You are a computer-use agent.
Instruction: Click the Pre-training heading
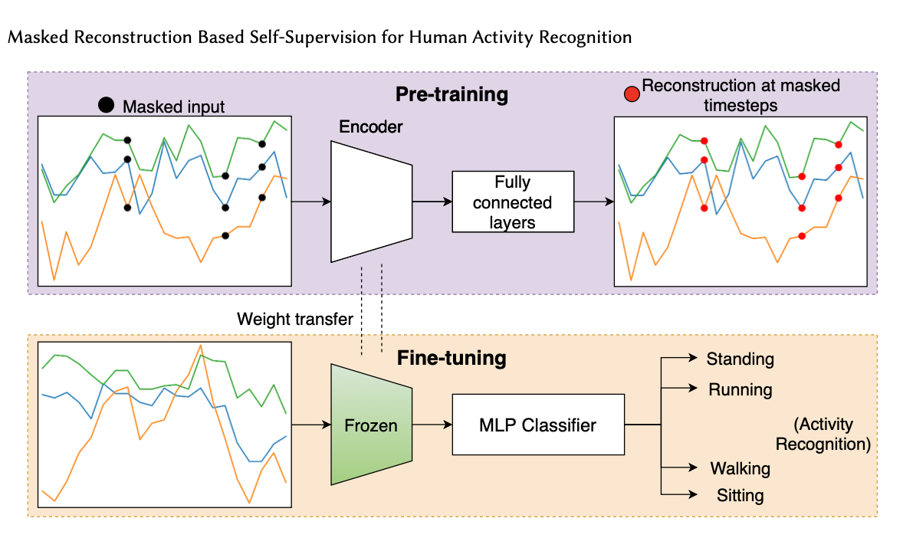pyautogui.click(x=451, y=94)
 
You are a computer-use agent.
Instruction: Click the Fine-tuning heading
pyautogui.click(x=451, y=358)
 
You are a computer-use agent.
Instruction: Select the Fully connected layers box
pyautogui.click(x=512, y=202)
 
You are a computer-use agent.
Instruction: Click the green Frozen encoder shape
pyautogui.click(x=371, y=425)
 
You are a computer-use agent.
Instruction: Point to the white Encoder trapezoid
pyautogui.click(x=371, y=202)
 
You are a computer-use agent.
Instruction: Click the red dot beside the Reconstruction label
pyautogui.click(x=631, y=93)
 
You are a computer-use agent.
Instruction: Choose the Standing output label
pyautogui.click(x=740, y=359)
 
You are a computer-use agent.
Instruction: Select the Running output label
pyautogui.click(x=740, y=389)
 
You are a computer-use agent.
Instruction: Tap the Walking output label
pyautogui.click(x=740, y=468)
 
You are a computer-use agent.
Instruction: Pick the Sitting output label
pyautogui.click(x=740, y=495)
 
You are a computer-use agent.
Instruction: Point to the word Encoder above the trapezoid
pyautogui.click(x=371, y=126)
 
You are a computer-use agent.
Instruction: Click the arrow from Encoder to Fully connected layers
pyautogui.click(x=432, y=202)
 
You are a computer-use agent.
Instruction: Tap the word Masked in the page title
pyautogui.click(x=33, y=37)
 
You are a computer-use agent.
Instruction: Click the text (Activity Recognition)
pyautogui.click(x=823, y=435)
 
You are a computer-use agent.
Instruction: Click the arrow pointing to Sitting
pyautogui.click(x=680, y=494)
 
